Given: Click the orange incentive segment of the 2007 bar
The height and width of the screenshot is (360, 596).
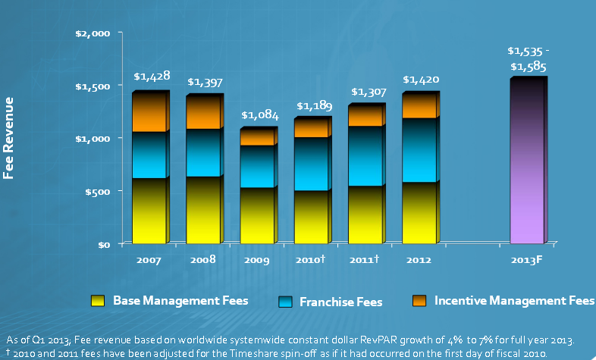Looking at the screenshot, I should point(150,112).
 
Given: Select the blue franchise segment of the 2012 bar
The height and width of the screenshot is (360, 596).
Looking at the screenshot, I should point(420,150).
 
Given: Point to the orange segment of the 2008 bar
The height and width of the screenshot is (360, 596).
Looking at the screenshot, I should point(203,112).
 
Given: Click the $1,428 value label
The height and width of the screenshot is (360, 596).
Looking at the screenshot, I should point(151,77).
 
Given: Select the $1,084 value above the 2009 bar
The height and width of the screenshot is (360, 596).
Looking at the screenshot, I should point(260,116).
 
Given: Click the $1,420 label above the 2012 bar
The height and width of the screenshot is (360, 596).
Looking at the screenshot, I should point(421,80).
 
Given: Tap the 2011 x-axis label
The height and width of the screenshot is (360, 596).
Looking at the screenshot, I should point(364,260).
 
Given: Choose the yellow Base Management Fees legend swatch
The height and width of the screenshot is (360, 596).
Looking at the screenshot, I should point(97,301).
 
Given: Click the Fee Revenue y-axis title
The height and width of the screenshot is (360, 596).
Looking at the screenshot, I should point(10,142).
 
